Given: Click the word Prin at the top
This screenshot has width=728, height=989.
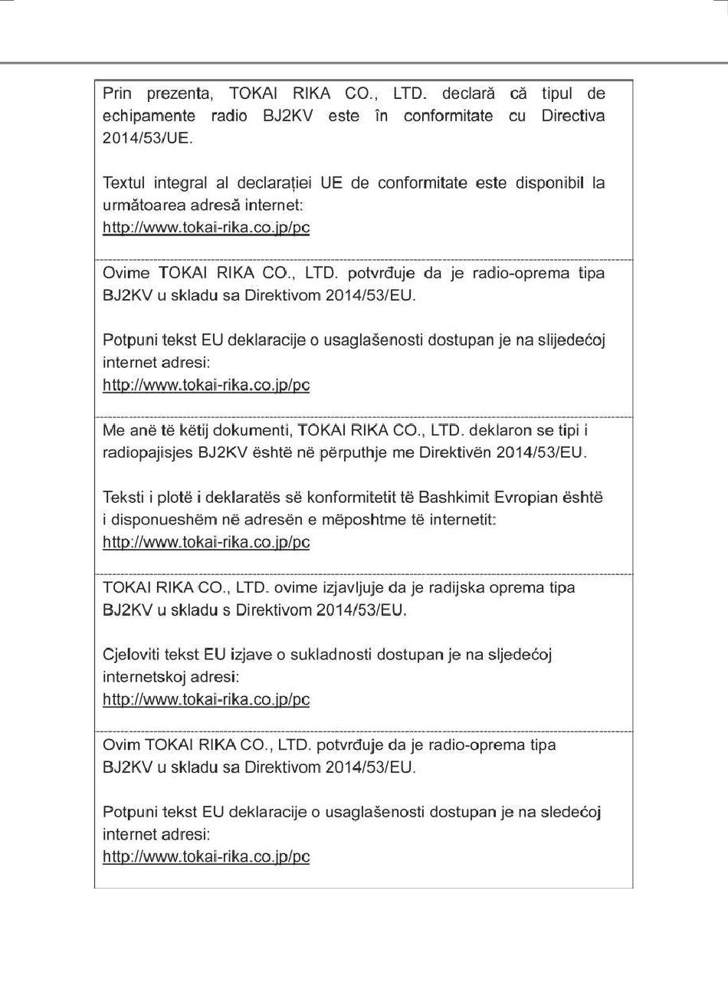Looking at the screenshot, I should (x=117, y=94).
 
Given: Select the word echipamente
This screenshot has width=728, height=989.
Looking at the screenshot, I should (x=149, y=117).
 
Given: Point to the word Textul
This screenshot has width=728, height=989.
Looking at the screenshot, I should (x=124, y=183).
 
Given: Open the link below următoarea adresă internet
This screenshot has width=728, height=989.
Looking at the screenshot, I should (x=206, y=228).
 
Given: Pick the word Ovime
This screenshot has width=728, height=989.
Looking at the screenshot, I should (x=126, y=273).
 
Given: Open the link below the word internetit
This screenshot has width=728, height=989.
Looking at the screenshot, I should (x=206, y=542).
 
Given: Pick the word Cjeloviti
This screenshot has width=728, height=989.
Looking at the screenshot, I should (x=130, y=655).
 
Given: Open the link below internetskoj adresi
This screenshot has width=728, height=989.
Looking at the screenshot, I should (x=206, y=699).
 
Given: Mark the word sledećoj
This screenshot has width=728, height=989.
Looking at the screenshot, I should (x=570, y=812).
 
